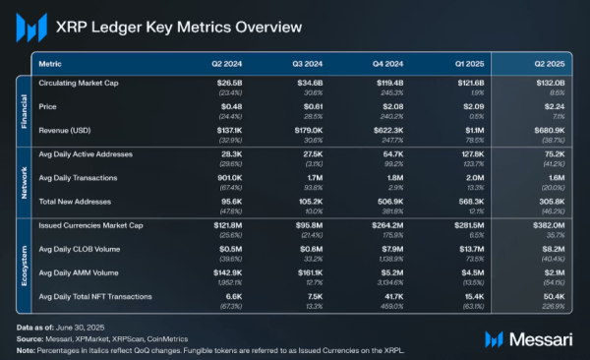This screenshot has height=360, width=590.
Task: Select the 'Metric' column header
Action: click(50, 63)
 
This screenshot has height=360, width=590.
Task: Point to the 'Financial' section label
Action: click(25, 111)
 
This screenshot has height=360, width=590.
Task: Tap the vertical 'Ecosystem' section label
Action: click(25, 259)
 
